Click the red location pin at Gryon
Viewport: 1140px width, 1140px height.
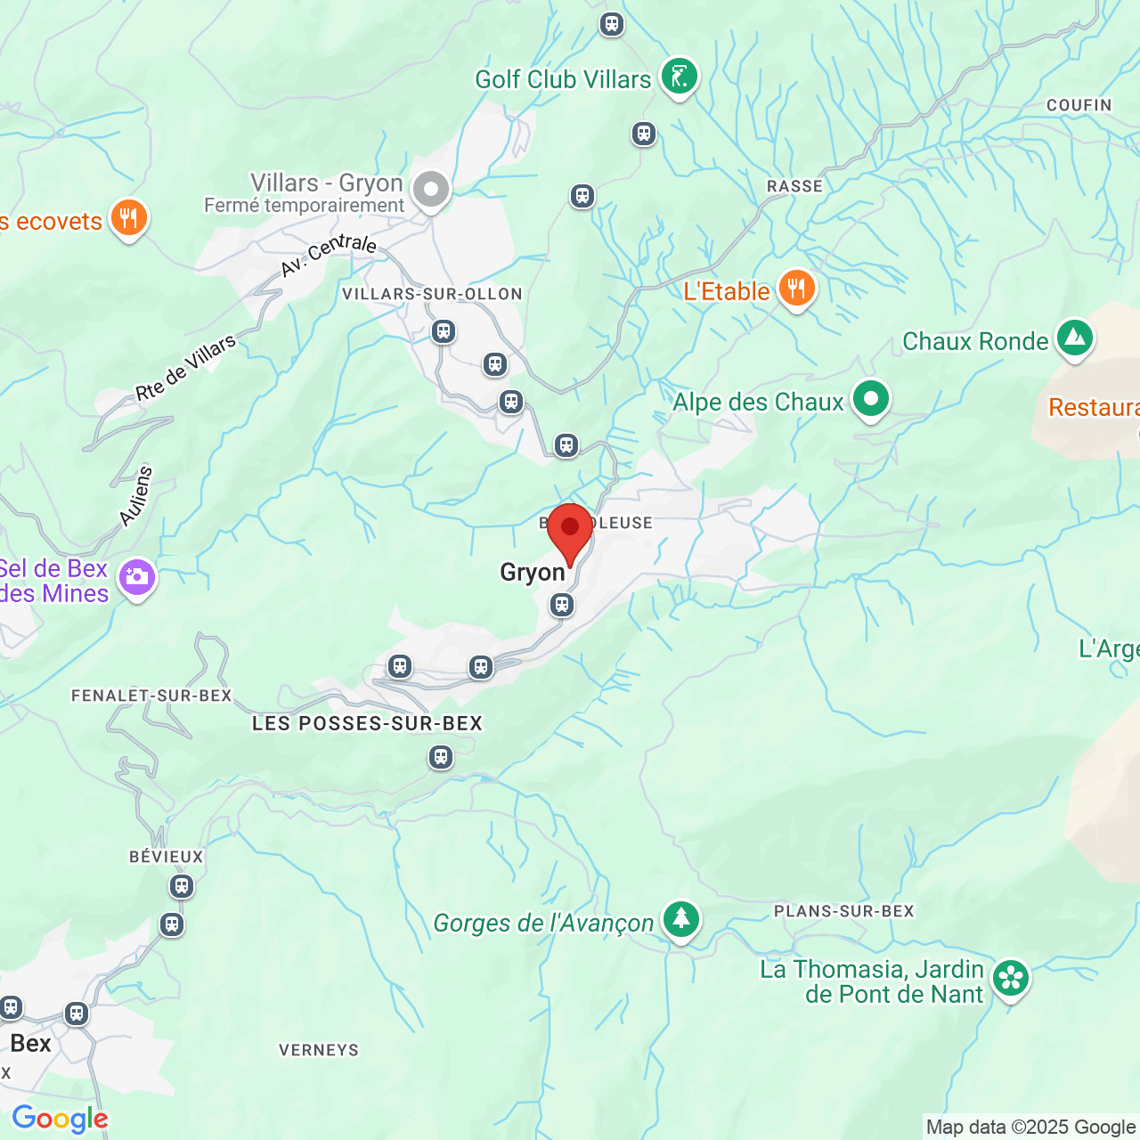(x=570, y=531)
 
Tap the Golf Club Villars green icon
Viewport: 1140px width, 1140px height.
(x=680, y=77)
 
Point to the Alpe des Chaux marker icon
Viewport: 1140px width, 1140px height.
(x=870, y=399)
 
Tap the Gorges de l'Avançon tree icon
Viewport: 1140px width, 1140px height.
(x=681, y=919)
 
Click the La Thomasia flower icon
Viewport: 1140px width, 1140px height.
(x=1011, y=978)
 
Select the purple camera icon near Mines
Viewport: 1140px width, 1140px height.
(x=137, y=578)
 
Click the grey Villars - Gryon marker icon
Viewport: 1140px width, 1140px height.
(x=431, y=190)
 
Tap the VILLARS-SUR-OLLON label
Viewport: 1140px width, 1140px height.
(x=432, y=294)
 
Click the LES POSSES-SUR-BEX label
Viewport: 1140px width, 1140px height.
(x=367, y=723)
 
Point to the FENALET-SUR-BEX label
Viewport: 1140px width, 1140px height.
(x=151, y=696)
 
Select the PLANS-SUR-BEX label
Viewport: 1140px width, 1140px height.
(x=843, y=911)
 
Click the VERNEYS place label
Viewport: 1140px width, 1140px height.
(x=319, y=1050)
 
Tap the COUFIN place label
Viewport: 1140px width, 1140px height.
(x=1079, y=105)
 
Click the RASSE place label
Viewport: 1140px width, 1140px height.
(x=794, y=186)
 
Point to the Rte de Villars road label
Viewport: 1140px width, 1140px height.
(x=186, y=367)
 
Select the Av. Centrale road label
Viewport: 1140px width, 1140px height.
(x=329, y=255)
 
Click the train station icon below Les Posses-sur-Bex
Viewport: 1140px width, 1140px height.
(x=441, y=757)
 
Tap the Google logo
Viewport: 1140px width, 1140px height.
(x=60, y=1119)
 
